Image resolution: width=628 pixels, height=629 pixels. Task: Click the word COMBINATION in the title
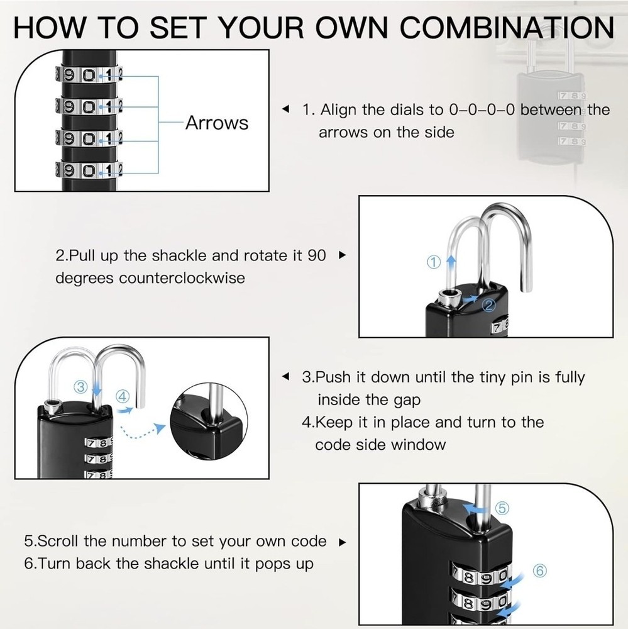pyautogui.click(x=507, y=28)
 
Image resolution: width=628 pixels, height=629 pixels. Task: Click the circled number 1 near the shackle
pyautogui.click(x=434, y=263)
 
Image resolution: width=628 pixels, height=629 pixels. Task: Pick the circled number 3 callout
pyautogui.click(x=80, y=386)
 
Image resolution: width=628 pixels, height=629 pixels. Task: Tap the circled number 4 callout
pyautogui.click(x=123, y=396)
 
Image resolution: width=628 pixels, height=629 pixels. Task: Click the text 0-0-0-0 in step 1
pyautogui.click(x=483, y=110)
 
